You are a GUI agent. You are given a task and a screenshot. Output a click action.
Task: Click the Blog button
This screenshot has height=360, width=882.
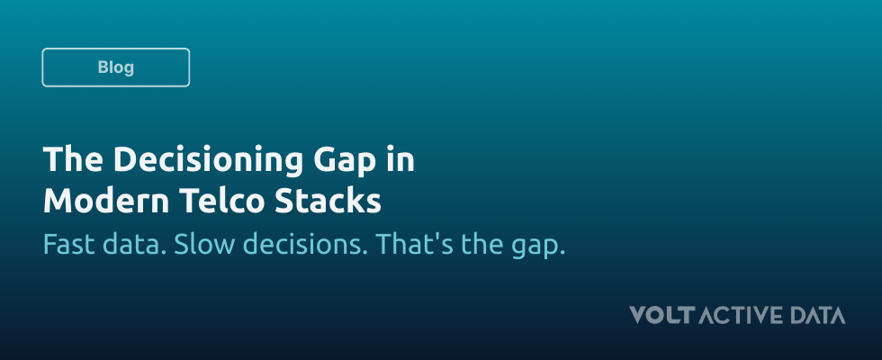(115, 67)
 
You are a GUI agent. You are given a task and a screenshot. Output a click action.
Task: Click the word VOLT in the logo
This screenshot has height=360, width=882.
(662, 315)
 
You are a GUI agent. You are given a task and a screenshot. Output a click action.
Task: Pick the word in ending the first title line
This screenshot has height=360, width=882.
(403, 160)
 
